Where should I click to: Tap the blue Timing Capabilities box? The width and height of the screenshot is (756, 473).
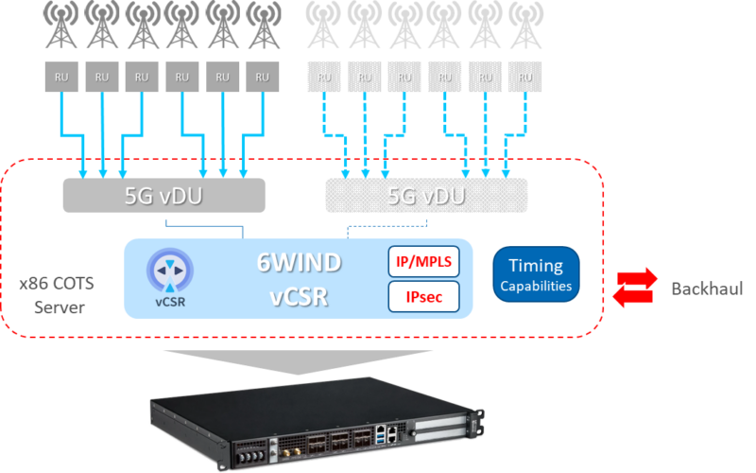(x=536, y=274)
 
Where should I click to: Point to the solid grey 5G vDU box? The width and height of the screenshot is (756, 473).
(x=163, y=196)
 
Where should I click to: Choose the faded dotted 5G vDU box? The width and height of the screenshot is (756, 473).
(x=425, y=196)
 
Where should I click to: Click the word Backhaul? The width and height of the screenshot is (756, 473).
(x=706, y=288)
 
